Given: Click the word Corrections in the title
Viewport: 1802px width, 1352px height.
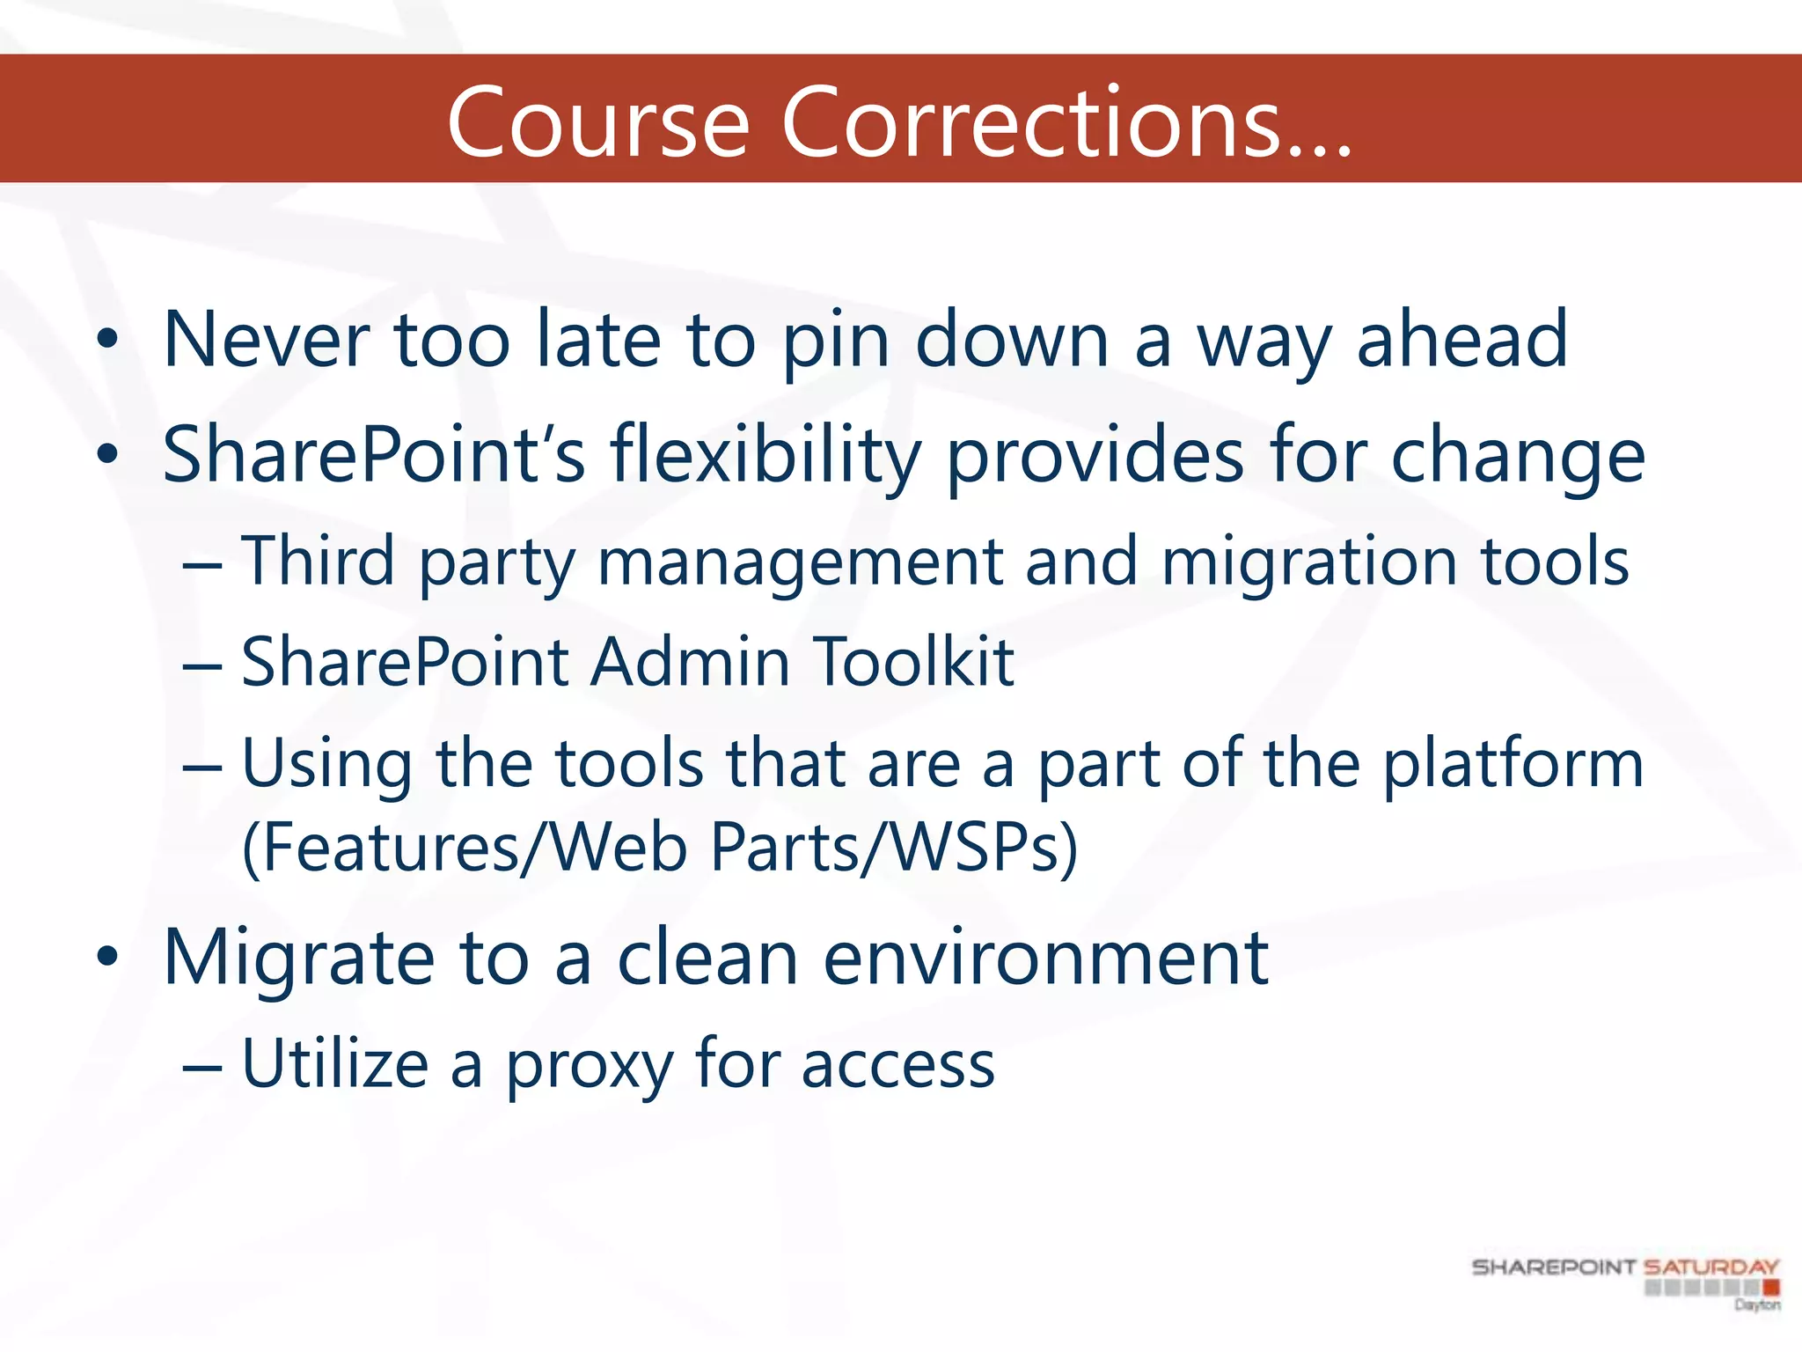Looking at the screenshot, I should [x=1066, y=123].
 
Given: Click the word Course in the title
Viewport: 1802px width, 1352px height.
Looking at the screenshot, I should [x=598, y=123].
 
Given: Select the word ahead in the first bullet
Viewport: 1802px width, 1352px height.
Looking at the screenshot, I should [x=1462, y=340].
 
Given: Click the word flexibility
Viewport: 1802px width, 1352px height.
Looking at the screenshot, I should [x=765, y=456].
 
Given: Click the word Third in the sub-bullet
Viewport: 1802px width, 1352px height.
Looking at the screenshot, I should [x=319, y=562].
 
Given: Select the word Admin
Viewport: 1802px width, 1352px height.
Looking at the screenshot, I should [x=691, y=662].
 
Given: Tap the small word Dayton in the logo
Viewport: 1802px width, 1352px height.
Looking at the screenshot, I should [x=1757, y=1304].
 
